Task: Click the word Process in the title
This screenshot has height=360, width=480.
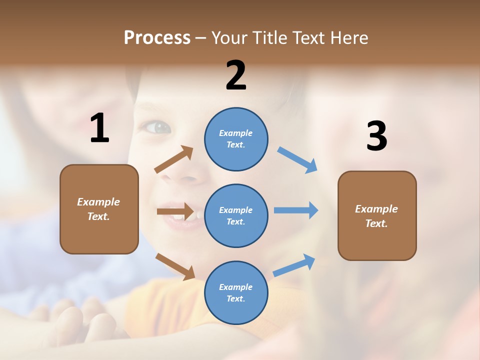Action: pos(157,38)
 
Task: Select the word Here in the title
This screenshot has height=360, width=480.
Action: pos(348,38)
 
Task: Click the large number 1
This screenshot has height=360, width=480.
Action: pos(99,128)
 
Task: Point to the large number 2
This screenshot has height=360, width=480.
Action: pos(236,75)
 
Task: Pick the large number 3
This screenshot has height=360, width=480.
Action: pos(376,136)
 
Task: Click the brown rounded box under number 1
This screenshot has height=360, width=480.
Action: pos(99,209)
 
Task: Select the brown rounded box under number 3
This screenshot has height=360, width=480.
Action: pos(377,216)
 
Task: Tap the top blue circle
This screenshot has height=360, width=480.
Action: pos(236,139)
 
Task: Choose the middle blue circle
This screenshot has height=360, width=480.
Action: pos(236,215)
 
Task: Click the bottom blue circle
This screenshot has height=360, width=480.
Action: pos(236,292)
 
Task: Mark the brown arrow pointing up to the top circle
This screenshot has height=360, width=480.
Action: pos(174,159)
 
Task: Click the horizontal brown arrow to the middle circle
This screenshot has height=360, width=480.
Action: pos(175,211)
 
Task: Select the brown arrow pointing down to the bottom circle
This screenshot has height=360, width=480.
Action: pos(175,266)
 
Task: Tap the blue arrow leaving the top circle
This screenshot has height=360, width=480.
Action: pos(297,160)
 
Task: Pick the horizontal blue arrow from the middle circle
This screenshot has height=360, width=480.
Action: pos(296,210)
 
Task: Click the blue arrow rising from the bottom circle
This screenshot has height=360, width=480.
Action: pos(294,265)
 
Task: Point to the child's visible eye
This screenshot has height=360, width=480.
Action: pos(159,127)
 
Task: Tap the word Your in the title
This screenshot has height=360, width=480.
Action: pos(229,38)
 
